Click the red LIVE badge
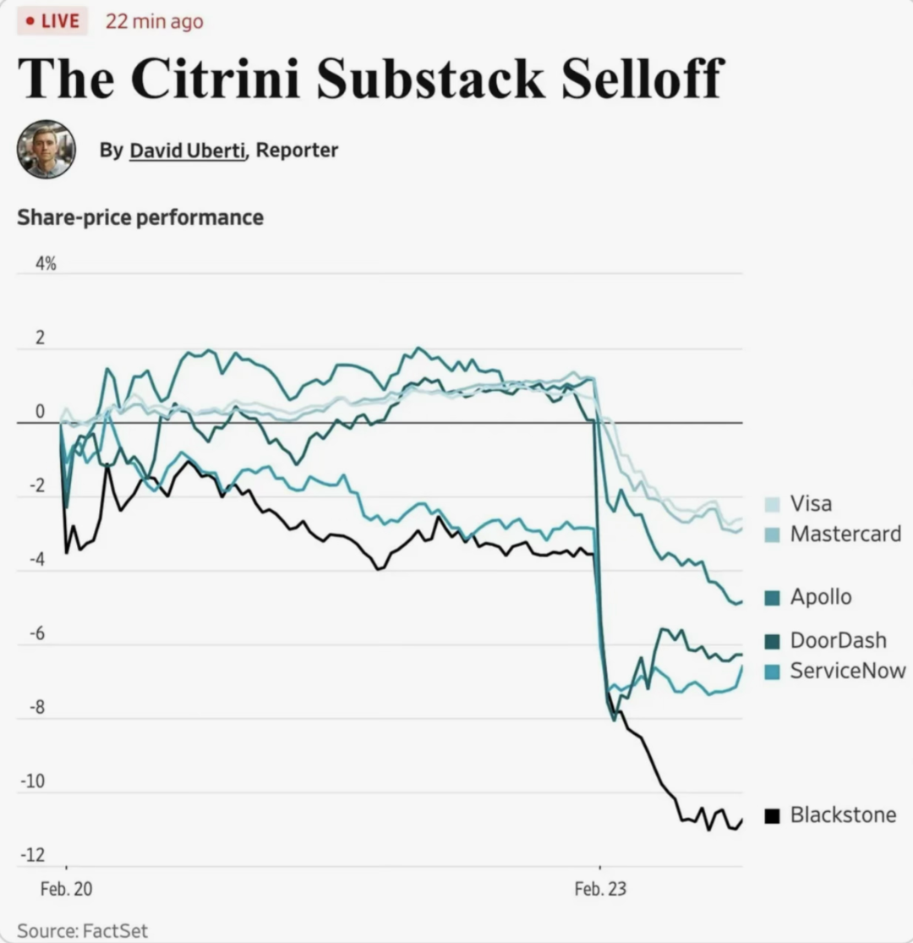(x=52, y=21)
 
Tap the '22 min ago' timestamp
(x=155, y=22)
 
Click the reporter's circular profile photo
(x=46, y=149)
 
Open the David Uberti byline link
(x=188, y=150)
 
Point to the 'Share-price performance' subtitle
(x=140, y=217)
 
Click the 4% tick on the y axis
(x=46, y=263)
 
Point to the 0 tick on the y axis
(x=40, y=411)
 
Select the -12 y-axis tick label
(x=33, y=854)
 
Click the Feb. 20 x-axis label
(x=66, y=889)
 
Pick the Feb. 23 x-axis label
(x=600, y=889)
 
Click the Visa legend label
(x=811, y=503)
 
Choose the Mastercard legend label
(x=845, y=534)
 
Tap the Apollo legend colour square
(x=773, y=597)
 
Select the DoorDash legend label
(x=839, y=640)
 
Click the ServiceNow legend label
(x=848, y=671)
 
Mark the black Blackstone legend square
(x=773, y=815)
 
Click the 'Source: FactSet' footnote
(x=82, y=930)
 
